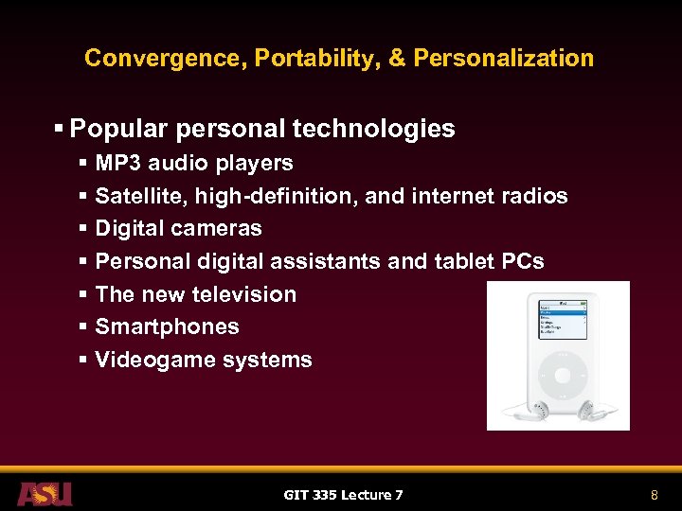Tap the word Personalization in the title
click(504, 58)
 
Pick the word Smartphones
click(167, 326)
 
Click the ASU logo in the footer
click(45, 493)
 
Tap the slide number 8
click(654, 494)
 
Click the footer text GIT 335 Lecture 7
click(343, 494)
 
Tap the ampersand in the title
click(397, 58)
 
